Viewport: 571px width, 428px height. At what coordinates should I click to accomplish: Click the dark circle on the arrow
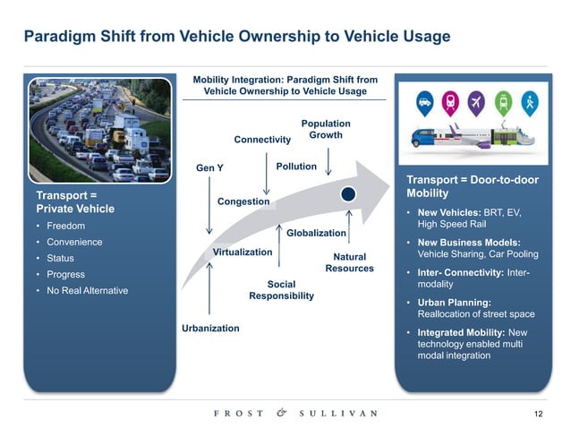click(350, 193)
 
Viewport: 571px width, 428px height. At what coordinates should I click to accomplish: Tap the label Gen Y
click(209, 168)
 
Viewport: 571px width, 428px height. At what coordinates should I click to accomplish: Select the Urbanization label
click(210, 329)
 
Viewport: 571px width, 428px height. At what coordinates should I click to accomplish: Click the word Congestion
click(243, 201)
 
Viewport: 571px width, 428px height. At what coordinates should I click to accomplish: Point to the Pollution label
click(296, 167)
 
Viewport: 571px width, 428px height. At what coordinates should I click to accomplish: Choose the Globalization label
click(316, 233)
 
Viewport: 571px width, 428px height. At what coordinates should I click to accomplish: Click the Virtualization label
click(243, 253)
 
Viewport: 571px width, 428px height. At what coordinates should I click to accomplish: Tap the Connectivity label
click(262, 140)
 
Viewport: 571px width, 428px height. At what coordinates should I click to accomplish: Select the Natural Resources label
click(349, 262)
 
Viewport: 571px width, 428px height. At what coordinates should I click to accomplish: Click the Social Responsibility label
click(281, 290)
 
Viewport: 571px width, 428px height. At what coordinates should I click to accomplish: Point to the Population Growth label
click(326, 129)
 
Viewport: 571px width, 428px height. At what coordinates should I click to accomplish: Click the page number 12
click(538, 412)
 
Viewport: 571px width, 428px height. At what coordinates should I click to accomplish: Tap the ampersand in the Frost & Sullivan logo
click(280, 413)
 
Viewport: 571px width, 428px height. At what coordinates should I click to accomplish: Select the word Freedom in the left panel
click(62, 226)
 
